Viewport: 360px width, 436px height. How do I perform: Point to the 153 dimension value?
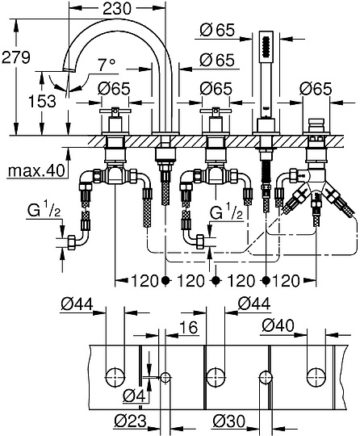point(25,100)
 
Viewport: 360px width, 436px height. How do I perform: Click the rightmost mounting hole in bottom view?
point(316,375)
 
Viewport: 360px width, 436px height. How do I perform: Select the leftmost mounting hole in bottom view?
point(116,375)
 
